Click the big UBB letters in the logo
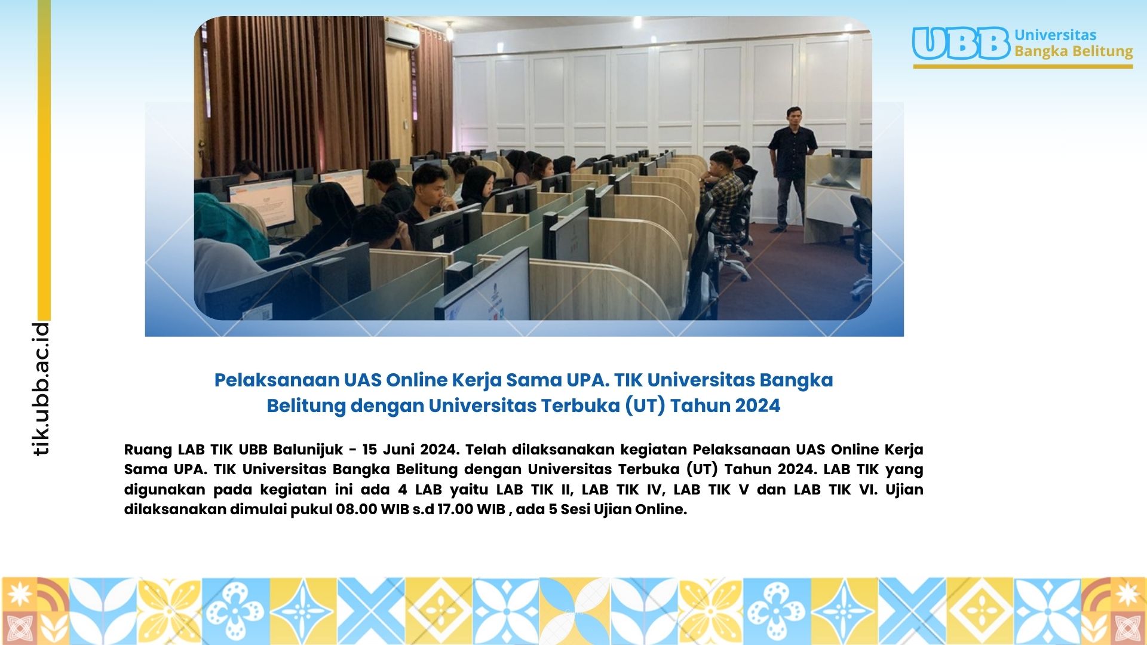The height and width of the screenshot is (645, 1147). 961,44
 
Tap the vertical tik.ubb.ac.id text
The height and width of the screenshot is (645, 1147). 41,389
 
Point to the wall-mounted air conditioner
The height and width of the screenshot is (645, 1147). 401,35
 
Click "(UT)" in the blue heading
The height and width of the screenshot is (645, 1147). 645,406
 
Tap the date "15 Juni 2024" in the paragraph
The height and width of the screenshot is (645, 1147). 410,449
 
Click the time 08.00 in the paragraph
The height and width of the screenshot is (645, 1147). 357,509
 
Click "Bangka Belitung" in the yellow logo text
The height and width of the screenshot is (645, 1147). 1074,51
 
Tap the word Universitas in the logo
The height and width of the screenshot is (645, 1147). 1056,35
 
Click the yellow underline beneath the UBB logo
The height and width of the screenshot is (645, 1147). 1023,66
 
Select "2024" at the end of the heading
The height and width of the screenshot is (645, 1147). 757,406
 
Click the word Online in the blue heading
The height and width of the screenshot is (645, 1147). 416,380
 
